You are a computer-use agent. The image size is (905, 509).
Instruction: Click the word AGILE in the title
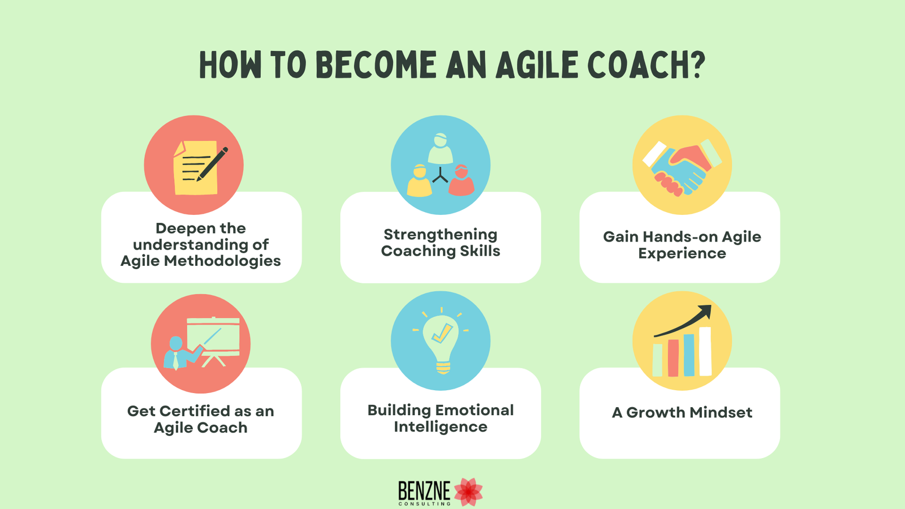pos(538,65)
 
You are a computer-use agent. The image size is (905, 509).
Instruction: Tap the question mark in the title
pos(697,65)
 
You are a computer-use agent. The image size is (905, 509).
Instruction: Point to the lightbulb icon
pos(441,343)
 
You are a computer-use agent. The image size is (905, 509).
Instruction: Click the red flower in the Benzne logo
pos(468,491)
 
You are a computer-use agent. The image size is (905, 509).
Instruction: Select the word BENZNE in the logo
pos(424,490)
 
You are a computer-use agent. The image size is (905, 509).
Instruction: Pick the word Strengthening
pos(441,234)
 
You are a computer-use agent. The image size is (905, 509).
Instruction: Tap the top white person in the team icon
pos(440,148)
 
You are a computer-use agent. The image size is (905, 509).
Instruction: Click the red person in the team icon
pos(461,181)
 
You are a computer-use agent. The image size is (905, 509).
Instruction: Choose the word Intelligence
pos(441,427)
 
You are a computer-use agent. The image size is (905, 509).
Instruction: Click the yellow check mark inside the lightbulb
pos(442,334)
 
